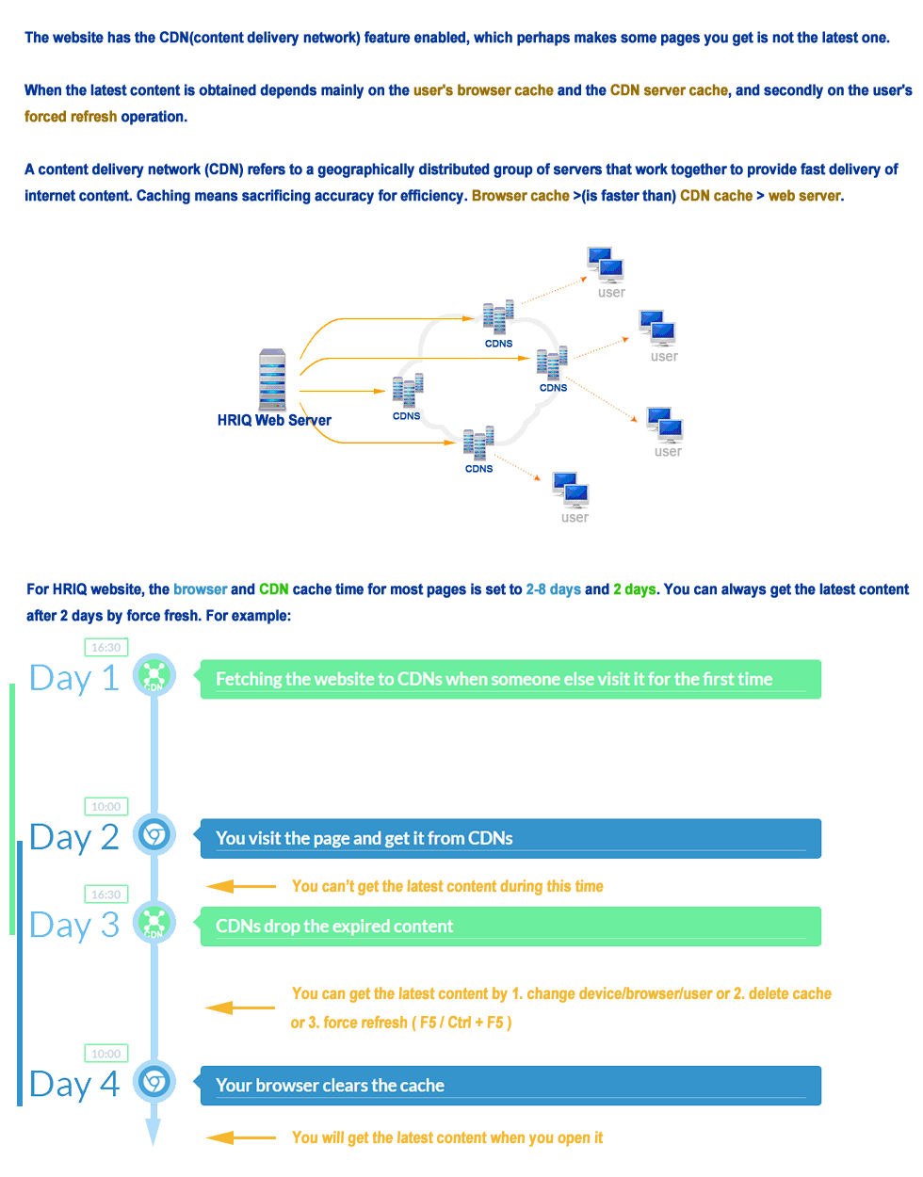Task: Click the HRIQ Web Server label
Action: tap(274, 420)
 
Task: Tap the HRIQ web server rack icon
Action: tap(272, 379)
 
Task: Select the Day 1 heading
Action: tap(74, 678)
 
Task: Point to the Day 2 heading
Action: tap(74, 837)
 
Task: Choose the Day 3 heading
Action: tap(74, 925)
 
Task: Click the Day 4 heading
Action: tap(74, 1084)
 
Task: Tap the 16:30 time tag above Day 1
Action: tap(105, 647)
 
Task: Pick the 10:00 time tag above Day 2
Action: tap(105, 806)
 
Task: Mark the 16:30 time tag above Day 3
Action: tap(105, 894)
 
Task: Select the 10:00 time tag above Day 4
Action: tap(105, 1053)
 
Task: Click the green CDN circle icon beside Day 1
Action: tap(154, 675)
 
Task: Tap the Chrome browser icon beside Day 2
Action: tap(154, 834)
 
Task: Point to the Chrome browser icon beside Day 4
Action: tap(154, 1081)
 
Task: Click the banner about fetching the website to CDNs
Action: tap(510, 679)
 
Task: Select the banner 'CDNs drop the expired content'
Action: tap(510, 927)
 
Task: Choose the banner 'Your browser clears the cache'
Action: tap(510, 1086)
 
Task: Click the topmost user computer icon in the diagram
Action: tap(606, 265)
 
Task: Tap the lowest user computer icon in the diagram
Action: tap(571, 491)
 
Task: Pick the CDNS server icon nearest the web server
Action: tap(408, 391)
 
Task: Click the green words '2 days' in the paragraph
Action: tap(635, 589)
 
